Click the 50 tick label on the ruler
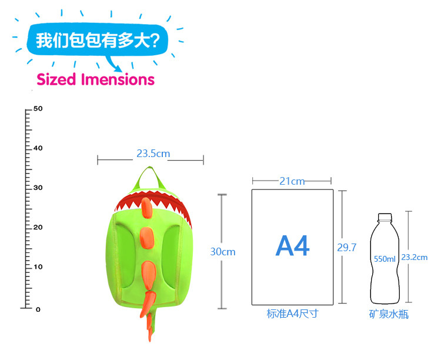click(38, 109)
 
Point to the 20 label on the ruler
click(38, 228)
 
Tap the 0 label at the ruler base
click(38, 309)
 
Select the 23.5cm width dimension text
click(153, 154)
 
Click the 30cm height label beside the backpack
click(223, 252)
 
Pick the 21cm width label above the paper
click(292, 181)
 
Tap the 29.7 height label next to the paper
click(346, 248)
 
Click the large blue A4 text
click(292, 246)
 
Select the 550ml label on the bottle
click(385, 259)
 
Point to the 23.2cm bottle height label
click(414, 257)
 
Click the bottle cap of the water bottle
click(384, 216)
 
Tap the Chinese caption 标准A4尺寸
click(292, 314)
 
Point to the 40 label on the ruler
click(38, 148)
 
